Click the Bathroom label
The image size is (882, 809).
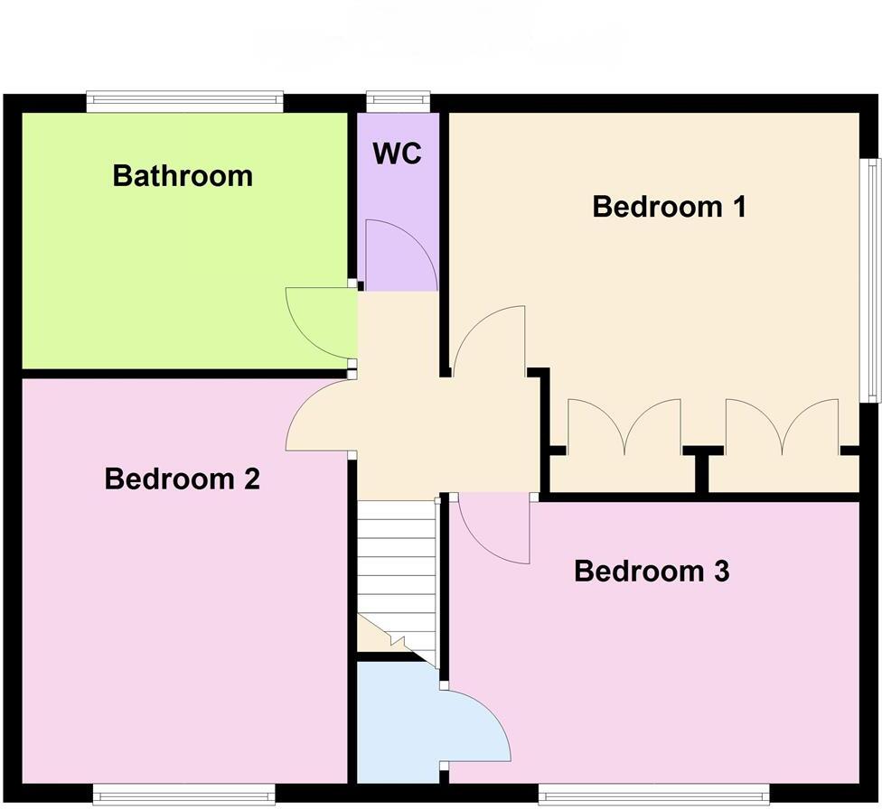point(183,175)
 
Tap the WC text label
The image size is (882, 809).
point(398,153)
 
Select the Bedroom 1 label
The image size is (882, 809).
point(669,207)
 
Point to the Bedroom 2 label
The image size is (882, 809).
point(183,478)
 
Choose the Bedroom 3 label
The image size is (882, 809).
point(652,572)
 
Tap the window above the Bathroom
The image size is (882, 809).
point(185,102)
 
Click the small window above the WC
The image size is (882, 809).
point(398,102)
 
